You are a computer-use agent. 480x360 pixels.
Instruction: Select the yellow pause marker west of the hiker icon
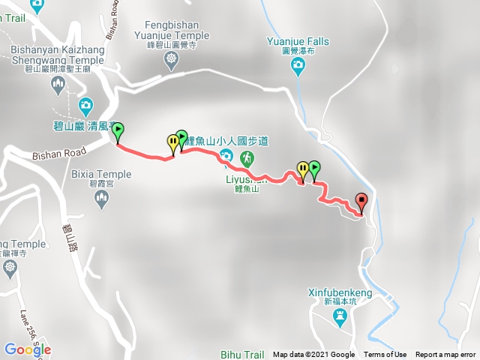coord(173,141)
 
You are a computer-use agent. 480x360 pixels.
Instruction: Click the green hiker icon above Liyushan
coord(247,158)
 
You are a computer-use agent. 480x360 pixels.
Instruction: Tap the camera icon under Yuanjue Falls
coord(298,67)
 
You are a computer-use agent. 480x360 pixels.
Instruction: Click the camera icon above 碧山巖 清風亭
coord(85,104)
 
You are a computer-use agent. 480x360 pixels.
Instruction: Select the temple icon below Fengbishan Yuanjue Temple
coord(173,58)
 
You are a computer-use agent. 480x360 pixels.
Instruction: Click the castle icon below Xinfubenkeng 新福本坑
coord(339,316)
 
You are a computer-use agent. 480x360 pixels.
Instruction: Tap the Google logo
coord(27,349)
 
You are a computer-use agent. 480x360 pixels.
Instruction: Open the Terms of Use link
coord(385,355)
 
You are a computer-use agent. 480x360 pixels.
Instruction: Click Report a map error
coord(445,355)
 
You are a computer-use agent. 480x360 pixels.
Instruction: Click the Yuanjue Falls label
coord(298,42)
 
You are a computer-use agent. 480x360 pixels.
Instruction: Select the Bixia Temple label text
coord(100,173)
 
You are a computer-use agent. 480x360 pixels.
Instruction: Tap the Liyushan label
coord(246,180)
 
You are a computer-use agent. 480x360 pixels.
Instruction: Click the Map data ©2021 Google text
coord(313,355)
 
